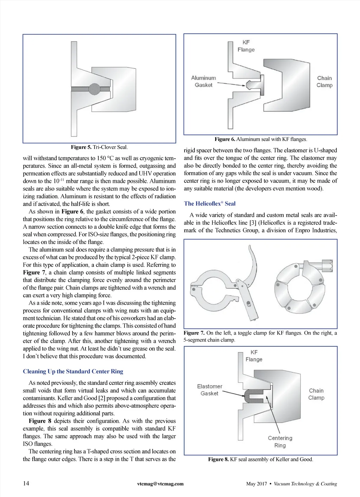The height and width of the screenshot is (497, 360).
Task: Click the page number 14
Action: tap(26, 483)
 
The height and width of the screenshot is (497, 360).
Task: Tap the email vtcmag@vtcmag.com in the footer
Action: tap(160, 484)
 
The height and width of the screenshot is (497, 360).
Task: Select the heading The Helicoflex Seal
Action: tap(210, 204)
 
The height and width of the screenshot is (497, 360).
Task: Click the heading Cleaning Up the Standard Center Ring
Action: tap(73, 372)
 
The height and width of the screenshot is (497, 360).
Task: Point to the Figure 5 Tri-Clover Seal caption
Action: tap(99, 147)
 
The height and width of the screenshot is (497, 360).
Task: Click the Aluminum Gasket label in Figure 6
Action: tap(204, 82)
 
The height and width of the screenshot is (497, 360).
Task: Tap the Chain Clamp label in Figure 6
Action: tap(324, 82)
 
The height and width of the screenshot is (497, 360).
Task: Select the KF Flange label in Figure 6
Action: tap(246, 46)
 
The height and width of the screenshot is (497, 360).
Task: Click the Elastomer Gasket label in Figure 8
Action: tap(210, 390)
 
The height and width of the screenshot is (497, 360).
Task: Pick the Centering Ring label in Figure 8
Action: tap(280, 442)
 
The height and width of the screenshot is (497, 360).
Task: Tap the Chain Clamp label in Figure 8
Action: tap(316, 394)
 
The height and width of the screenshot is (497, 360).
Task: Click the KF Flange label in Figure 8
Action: tap(254, 356)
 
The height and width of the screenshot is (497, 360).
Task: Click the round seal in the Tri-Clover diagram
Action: tap(94, 89)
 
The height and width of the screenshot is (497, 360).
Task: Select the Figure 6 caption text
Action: tap(261, 139)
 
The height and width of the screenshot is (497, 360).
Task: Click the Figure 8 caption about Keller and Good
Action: tap(261, 459)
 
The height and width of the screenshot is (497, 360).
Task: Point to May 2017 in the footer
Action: tap(256, 484)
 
